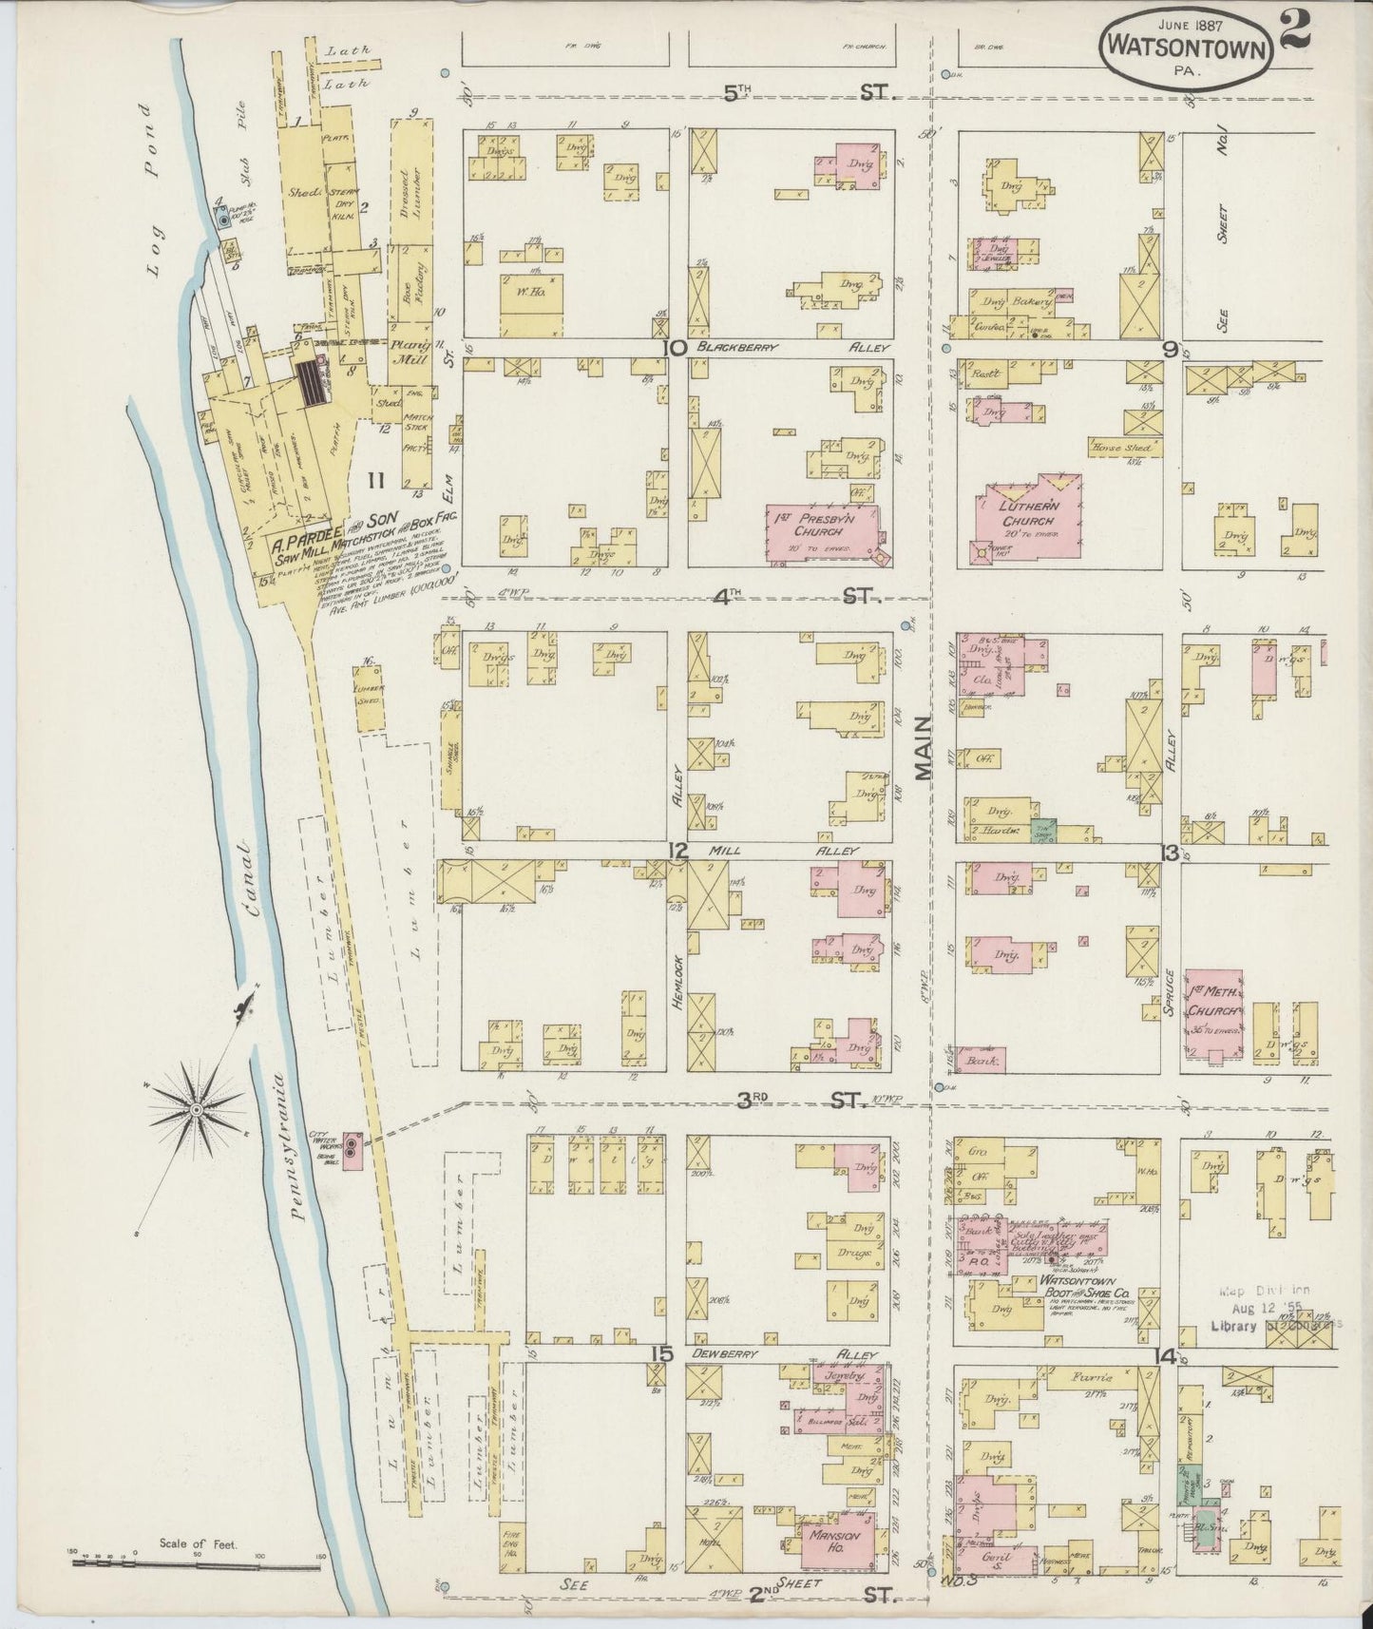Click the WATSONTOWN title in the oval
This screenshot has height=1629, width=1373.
[x=1188, y=47]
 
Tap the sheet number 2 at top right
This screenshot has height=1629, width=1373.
[x=1295, y=26]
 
